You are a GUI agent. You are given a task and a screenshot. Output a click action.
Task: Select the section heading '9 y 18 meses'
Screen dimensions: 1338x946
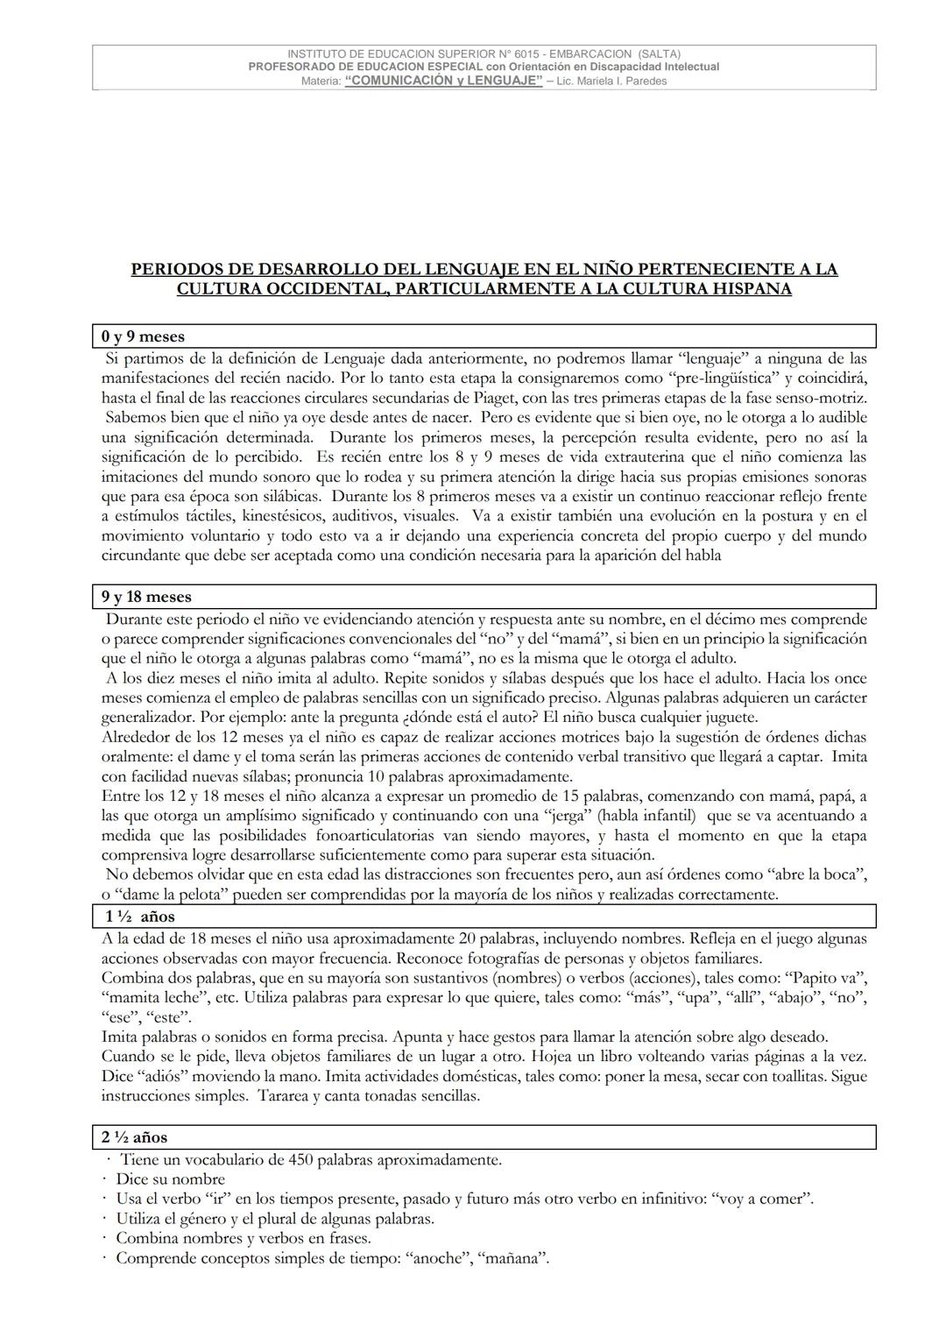pyautogui.click(x=146, y=597)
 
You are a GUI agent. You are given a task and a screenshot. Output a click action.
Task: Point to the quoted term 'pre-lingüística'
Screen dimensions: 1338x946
pyautogui.click(x=723, y=379)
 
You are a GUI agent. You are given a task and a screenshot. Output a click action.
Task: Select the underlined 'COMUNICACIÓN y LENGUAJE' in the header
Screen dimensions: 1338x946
pyautogui.click(x=443, y=81)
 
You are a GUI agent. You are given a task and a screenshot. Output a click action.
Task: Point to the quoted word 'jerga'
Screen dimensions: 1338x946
pyautogui.click(x=566, y=816)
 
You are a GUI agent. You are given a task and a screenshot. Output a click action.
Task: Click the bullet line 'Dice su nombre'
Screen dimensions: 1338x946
pyautogui.click(x=170, y=1179)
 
